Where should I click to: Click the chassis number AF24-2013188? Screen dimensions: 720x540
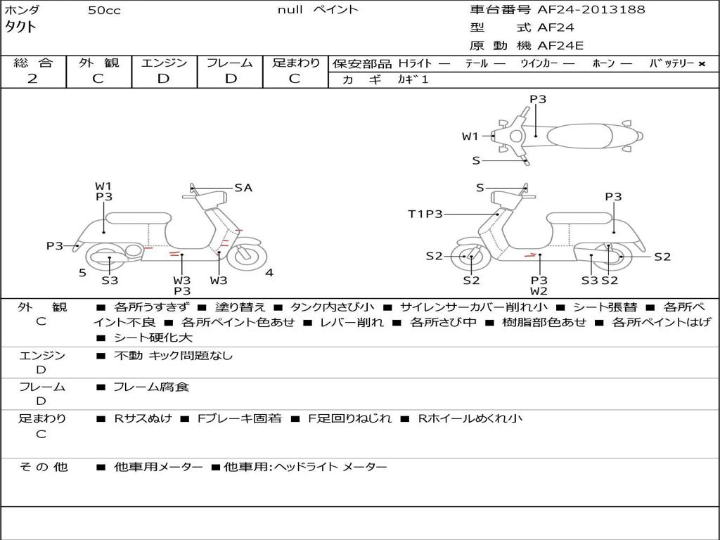(591, 10)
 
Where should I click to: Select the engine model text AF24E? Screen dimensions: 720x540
(560, 46)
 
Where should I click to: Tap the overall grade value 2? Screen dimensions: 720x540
(32, 79)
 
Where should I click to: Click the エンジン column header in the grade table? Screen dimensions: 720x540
(164, 63)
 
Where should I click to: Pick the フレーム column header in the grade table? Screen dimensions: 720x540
(230, 63)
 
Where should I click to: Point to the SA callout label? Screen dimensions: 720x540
(243, 188)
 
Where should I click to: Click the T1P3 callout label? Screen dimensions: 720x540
(425, 214)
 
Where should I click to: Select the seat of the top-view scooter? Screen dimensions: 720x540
(579, 136)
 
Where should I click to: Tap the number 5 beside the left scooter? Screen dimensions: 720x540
(83, 273)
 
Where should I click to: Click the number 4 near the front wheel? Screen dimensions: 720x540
(269, 273)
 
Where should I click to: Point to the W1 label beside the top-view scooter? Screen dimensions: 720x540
(470, 136)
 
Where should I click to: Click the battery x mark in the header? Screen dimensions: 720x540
(702, 64)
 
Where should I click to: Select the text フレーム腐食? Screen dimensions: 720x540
(151, 387)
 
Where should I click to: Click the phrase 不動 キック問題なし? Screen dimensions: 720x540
(173, 355)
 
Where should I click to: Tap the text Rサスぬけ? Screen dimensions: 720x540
(143, 418)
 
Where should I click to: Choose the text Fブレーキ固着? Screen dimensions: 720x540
(239, 418)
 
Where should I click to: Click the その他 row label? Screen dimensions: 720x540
(43, 467)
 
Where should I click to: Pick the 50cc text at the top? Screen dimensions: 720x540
(104, 11)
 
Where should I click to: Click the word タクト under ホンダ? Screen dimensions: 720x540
(20, 27)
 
